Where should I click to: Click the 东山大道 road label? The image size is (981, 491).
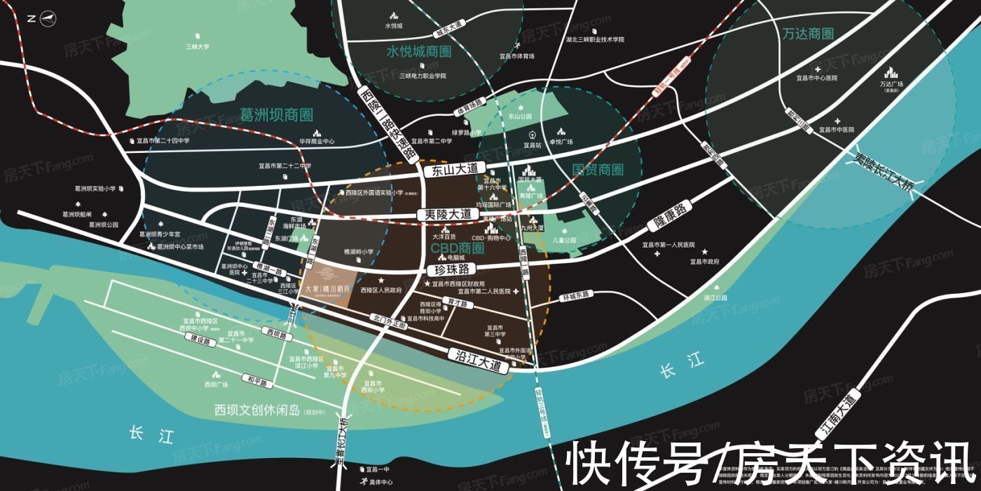[x=455, y=170]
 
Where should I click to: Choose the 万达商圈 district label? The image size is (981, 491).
[x=809, y=34]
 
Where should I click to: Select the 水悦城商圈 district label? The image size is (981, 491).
[x=418, y=52]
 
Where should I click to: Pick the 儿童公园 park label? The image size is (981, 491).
[x=564, y=240]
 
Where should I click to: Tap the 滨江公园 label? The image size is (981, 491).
[x=715, y=298]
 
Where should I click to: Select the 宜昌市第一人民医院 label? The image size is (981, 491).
[x=668, y=245]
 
